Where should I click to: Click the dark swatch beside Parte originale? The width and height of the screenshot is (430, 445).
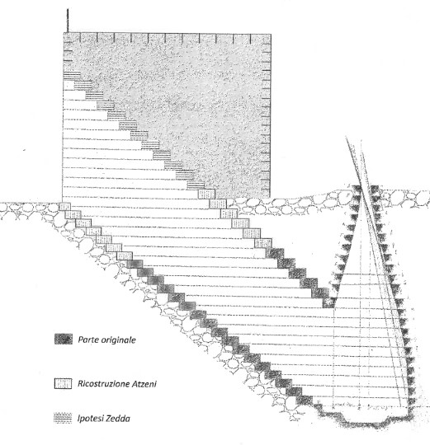pos(63,340)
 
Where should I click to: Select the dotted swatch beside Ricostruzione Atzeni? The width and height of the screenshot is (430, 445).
pos(63,384)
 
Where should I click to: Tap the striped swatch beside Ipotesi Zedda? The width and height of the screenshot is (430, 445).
pos(63,418)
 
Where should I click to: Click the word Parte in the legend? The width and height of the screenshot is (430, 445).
pos(87,340)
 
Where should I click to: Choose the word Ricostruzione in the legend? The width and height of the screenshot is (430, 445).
pos(104,384)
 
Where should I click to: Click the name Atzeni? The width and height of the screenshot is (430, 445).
pos(144,384)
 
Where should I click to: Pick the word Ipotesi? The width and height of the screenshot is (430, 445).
pos(88,419)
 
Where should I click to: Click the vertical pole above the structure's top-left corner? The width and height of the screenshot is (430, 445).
pos(68,21)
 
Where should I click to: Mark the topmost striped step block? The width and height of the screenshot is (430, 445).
pos(72,76)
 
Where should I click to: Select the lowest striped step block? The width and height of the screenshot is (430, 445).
pos(196,185)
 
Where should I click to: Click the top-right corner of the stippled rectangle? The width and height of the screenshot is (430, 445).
pos(271,34)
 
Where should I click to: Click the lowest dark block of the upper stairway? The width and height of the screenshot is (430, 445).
pos(329,302)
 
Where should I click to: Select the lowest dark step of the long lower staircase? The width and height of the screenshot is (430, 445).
pos(305,400)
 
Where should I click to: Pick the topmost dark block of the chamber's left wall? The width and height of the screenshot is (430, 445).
pos(357,189)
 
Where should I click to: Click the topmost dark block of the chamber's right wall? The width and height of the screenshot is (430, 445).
pos(376,189)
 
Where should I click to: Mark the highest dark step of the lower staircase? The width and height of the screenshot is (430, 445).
pos(135,264)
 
